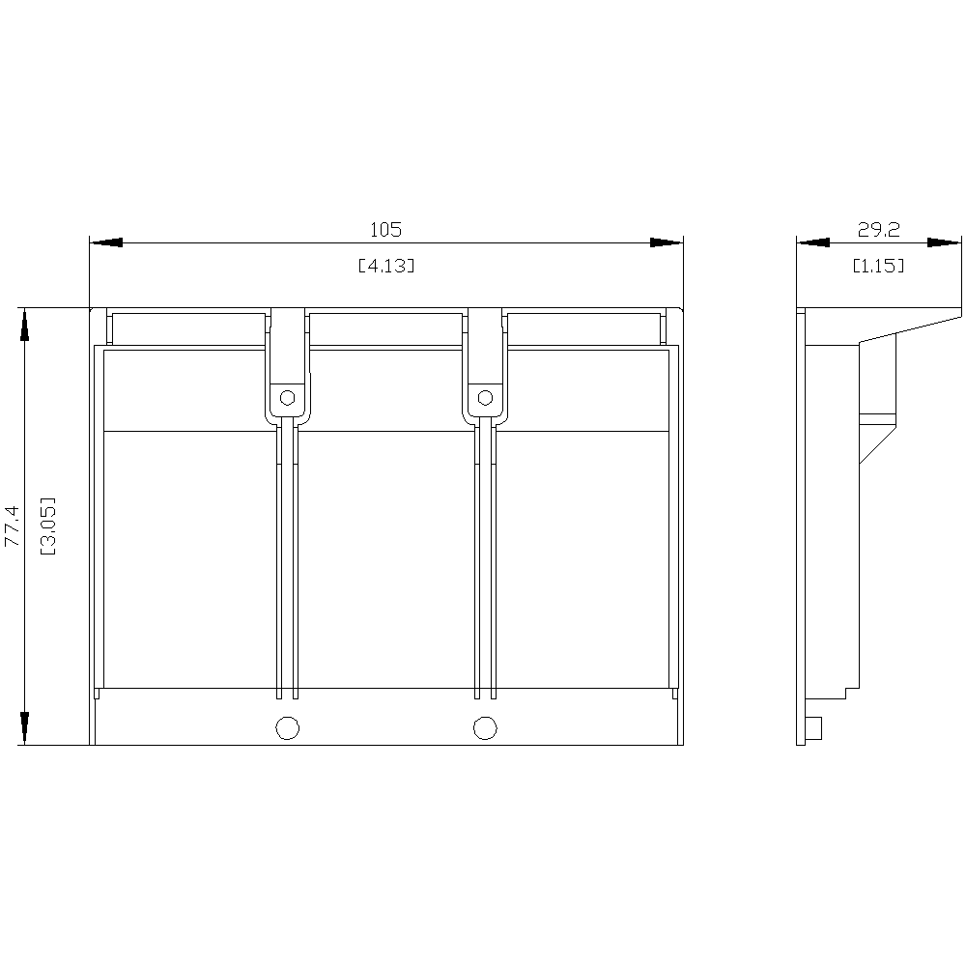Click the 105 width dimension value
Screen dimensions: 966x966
point(385,230)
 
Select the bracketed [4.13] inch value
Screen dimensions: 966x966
point(386,266)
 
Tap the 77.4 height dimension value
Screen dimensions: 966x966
point(13,526)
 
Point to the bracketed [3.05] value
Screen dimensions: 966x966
point(48,526)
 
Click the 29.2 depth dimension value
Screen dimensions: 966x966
point(878,230)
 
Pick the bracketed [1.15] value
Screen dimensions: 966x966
point(878,266)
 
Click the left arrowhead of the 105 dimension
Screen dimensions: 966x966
point(106,242)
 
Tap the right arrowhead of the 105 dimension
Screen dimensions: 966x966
point(667,242)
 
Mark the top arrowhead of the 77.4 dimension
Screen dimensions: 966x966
point(25,324)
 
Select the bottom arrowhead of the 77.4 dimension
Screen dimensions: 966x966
point(25,728)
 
